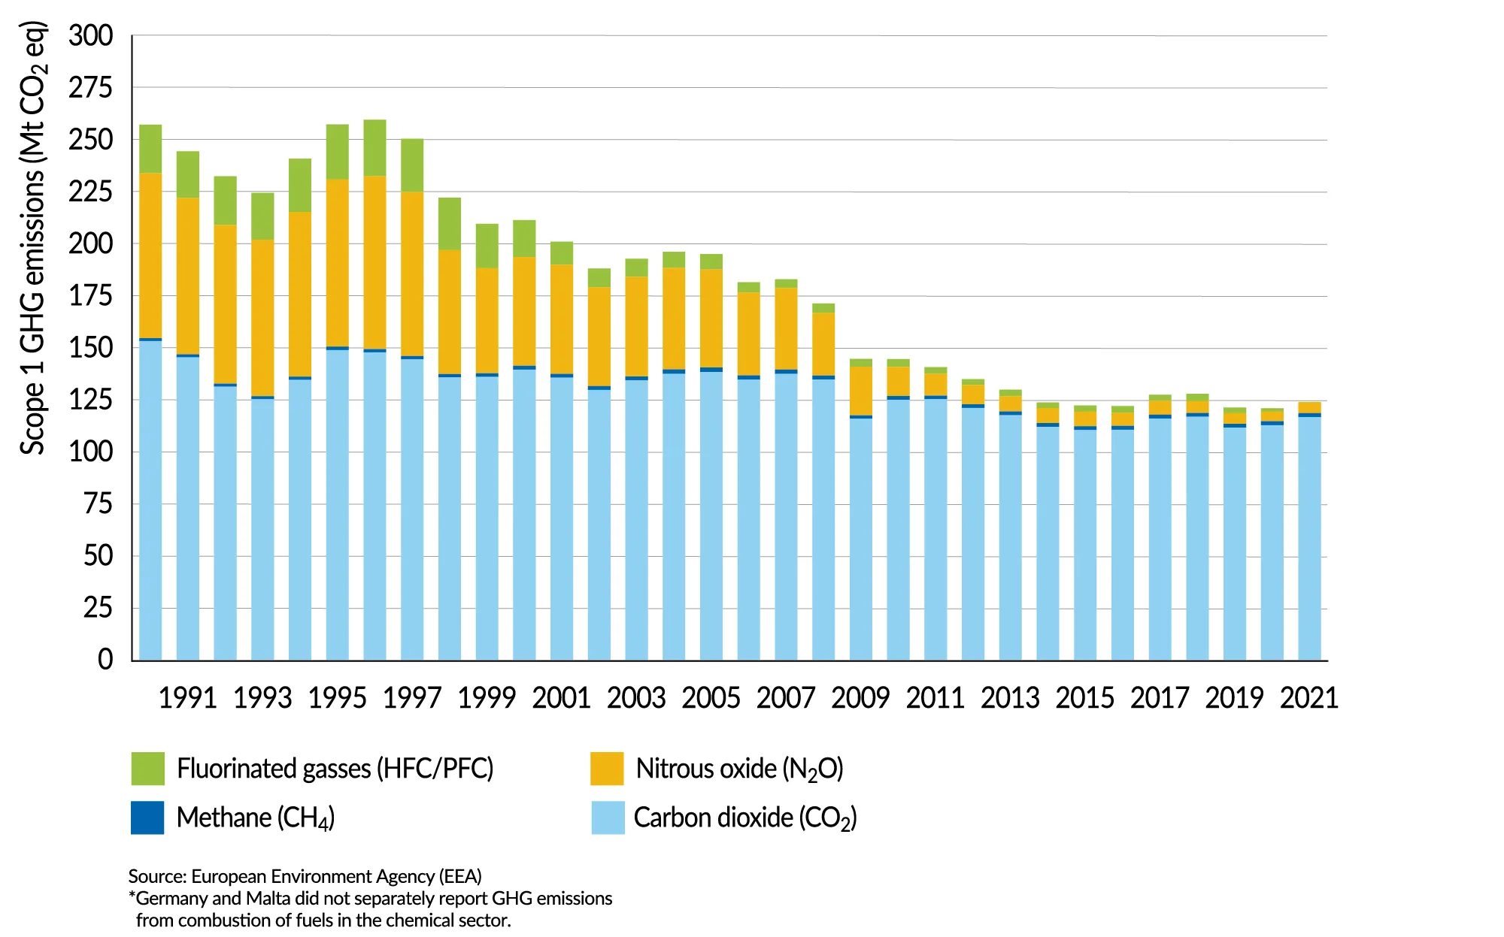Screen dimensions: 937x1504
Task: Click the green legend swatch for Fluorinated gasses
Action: [x=147, y=768]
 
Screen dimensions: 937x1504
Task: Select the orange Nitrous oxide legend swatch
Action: [x=607, y=768]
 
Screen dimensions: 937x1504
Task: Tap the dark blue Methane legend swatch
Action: [x=147, y=818]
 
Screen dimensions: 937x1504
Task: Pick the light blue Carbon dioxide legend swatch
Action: [x=608, y=818]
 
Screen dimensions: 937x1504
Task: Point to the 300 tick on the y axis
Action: [x=91, y=35]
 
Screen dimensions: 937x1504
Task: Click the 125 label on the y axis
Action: [x=91, y=400]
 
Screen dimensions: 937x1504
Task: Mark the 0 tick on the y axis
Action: [x=105, y=660]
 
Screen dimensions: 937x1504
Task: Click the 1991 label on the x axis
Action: [x=187, y=698]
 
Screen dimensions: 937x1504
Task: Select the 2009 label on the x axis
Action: [x=860, y=698]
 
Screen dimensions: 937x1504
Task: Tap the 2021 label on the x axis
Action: [x=1309, y=698]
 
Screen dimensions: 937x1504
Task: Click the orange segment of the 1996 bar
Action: [x=374, y=262]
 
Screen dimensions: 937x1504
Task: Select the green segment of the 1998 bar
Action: [x=450, y=224]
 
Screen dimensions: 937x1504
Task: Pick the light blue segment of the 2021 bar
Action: [x=1309, y=537]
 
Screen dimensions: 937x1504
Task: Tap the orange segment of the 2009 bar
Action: [x=861, y=391]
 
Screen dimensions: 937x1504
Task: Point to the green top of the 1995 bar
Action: [x=338, y=152]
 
